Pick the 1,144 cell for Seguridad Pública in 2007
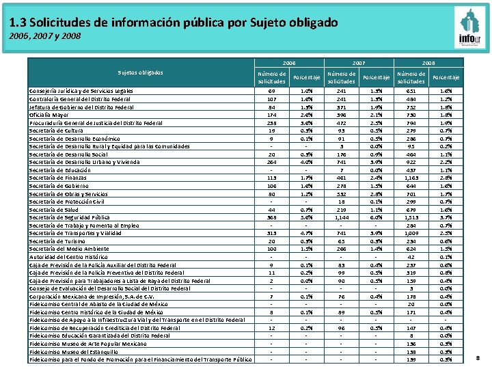342,217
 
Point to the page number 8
478,357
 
